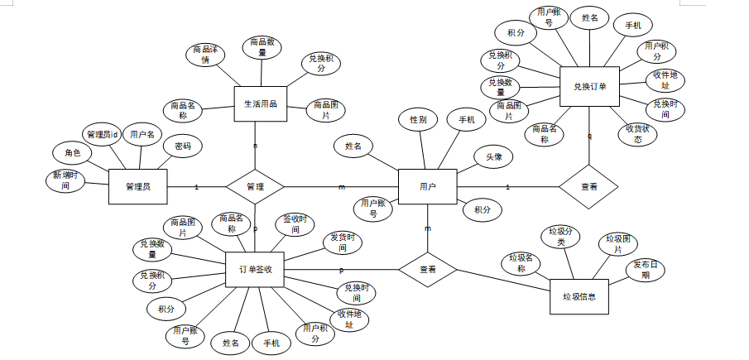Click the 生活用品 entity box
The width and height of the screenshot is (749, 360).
tap(260, 104)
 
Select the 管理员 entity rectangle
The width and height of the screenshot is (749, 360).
tap(138, 186)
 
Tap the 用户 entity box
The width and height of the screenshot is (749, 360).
tap(427, 186)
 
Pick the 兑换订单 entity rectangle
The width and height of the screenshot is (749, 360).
tap(589, 86)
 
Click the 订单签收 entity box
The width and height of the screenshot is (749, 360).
tap(256, 270)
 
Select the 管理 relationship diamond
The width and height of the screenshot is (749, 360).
tap(255, 187)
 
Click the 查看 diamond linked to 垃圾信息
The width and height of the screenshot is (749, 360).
tap(428, 270)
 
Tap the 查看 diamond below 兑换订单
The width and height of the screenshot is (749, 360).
tap(588, 187)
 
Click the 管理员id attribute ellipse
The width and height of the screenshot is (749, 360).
tap(103, 134)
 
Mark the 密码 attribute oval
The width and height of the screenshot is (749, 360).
tap(182, 146)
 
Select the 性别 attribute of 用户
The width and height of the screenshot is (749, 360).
tap(418, 120)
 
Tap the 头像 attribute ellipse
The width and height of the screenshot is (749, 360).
tap(494, 156)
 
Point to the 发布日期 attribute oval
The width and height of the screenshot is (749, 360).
tap(647, 271)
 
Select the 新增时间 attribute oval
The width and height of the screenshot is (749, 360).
tap(63, 180)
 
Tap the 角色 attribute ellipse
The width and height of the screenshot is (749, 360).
tap(72, 152)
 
